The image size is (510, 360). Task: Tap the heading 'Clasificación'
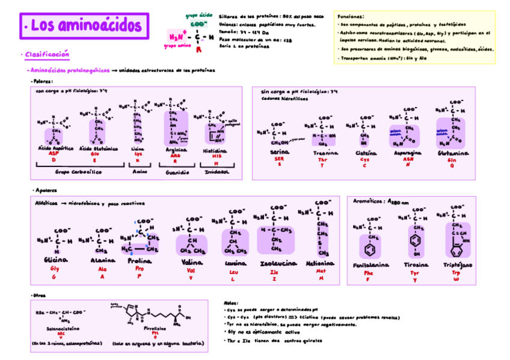pos(48,55)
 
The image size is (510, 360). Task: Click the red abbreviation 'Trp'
pos(456,272)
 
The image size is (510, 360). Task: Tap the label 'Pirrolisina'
pos(155,328)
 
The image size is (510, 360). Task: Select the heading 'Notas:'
pos(230,304)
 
